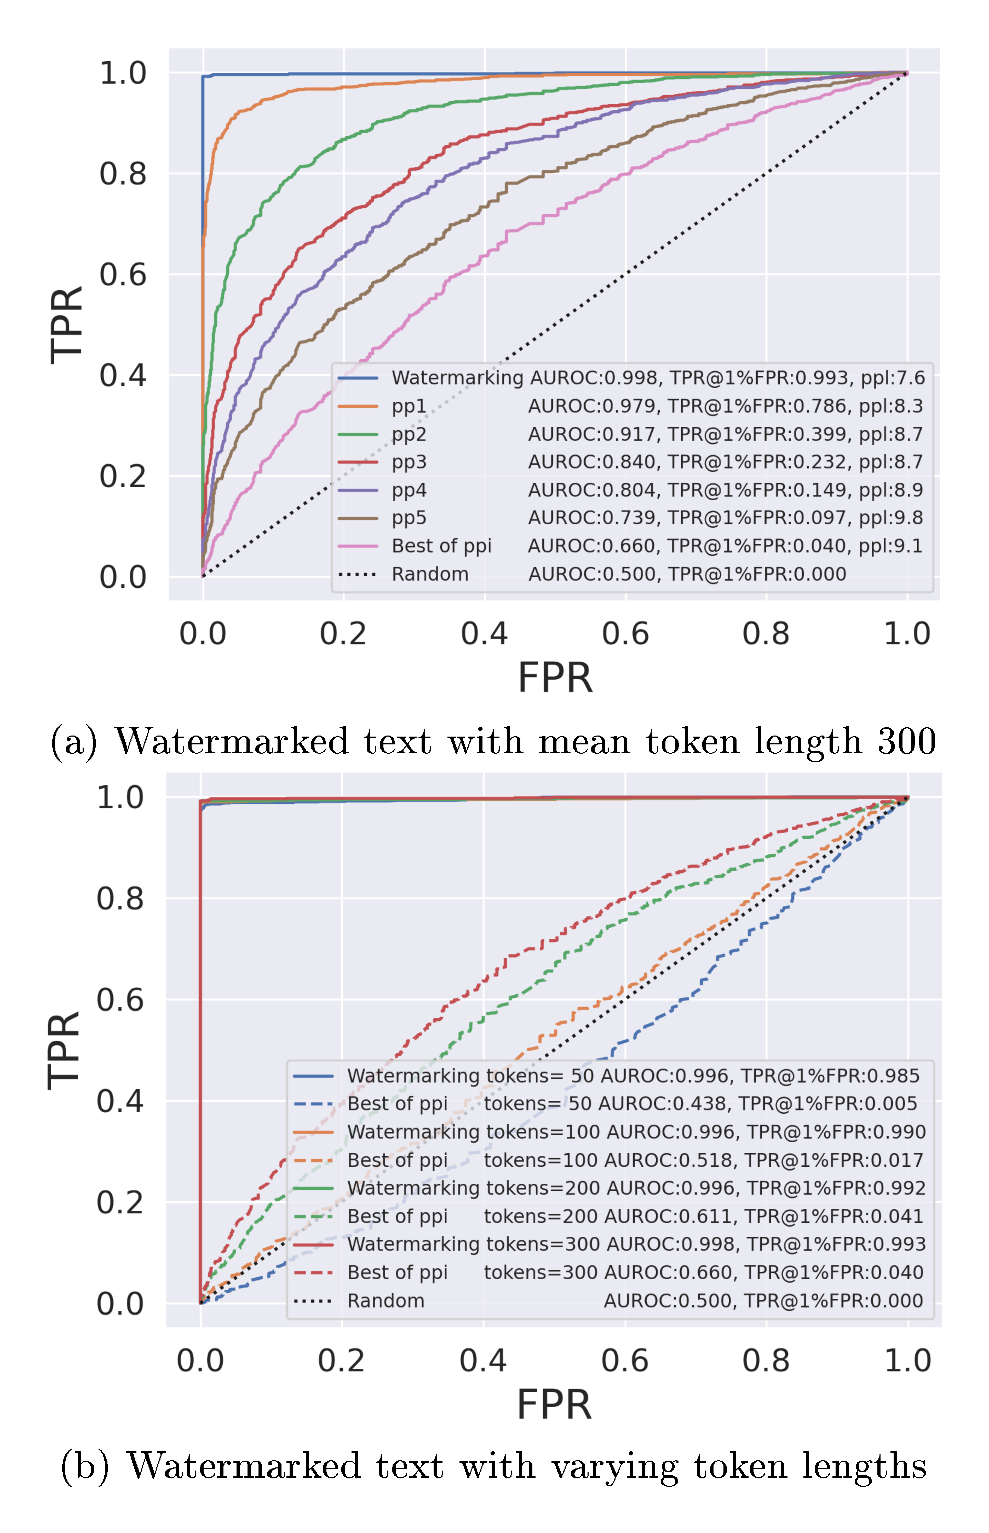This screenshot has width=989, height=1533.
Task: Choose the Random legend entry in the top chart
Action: (430, 574)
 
